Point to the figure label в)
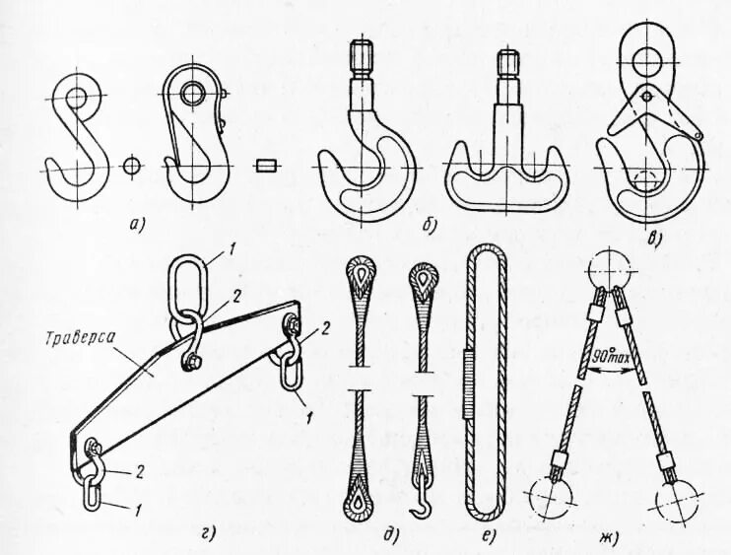point(654,235)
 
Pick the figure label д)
point(390,535)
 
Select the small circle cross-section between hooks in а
point(131,165)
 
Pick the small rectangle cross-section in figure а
point(262,165)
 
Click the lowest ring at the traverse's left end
point(92,492)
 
